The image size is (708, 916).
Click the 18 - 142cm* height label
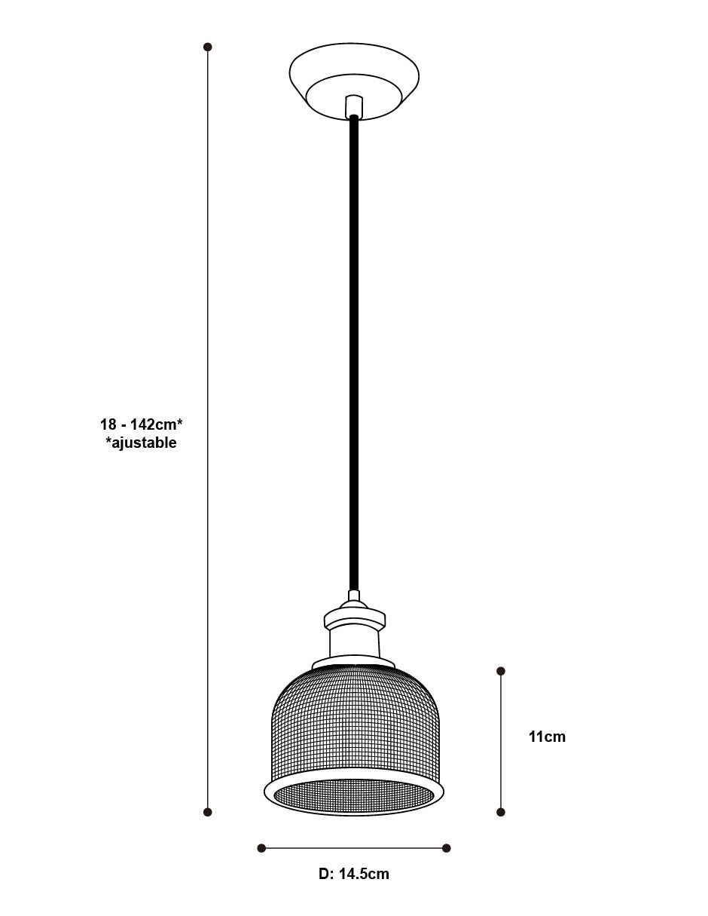click(141, 424)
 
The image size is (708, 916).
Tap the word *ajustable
click(141, 443)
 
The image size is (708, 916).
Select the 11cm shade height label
click(548, 737)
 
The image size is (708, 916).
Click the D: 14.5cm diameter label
click(353, 874)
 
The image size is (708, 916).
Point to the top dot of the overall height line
click(207, 47)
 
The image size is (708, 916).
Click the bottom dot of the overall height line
click(207, 812)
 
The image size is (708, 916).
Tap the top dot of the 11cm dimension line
click(500, 671)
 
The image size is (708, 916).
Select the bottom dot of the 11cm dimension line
click(500, 812)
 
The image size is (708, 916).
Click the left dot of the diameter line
click(261, 847)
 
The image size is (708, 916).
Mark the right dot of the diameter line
click(446, 847)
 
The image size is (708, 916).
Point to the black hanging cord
click(354, 354)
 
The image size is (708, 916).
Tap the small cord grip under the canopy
click(354, 106)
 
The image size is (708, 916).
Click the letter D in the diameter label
click(324, 874)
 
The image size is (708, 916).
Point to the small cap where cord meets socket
click(354, 595)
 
